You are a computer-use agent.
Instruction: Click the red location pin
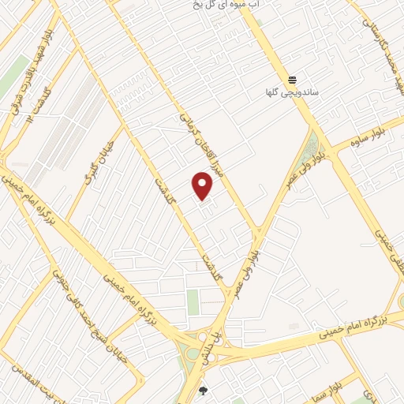tap(203, 185)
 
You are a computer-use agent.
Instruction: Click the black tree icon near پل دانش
tap(204, 390)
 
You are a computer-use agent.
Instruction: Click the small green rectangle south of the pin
tap(193, 301)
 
